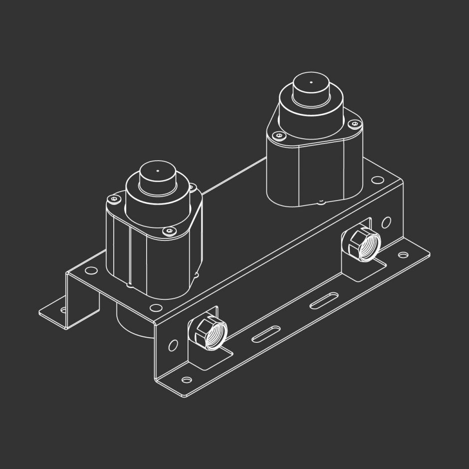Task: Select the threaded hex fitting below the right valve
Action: [x=361, y=241]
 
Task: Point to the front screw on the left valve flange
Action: [x=170, y=231]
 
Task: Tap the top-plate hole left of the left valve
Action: [x=91, y=270]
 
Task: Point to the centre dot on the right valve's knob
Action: [x=311, y=82]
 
